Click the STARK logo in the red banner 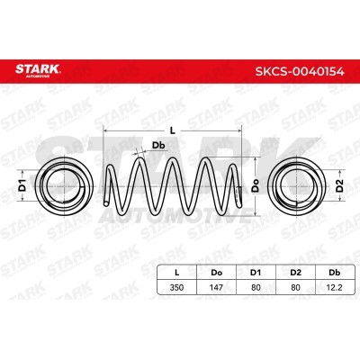[38, 70]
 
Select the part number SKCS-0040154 [300, 72]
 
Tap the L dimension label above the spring [172, 130]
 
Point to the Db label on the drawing [158, 146]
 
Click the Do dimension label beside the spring [256, 185]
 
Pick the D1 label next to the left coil [22, 185]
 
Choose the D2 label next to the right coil [339, 185]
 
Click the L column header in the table [177, 273]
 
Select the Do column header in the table [217, 273]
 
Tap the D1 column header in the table [256, 273]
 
